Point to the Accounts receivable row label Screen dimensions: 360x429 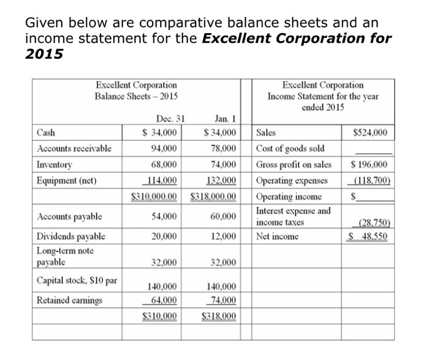74,148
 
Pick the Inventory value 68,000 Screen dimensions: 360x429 164,165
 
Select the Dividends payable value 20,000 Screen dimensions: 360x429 164,236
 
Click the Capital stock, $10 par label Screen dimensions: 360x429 77,281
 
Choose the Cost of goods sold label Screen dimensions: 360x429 290,149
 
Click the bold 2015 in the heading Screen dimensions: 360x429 44,54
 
